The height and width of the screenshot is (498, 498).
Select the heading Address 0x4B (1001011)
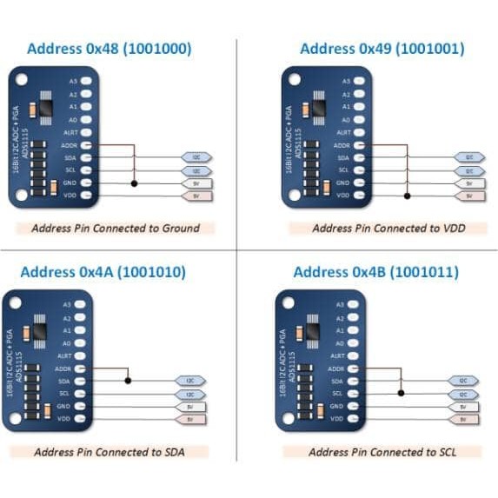click(x=375, y=272)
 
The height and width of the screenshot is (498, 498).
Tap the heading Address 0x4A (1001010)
click(x=103, y=272)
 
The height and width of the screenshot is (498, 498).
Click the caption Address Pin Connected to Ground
click(x=115, y=229)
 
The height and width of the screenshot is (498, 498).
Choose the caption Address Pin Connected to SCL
click(x=383, y=452)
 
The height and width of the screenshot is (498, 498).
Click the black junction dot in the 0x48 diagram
click(x=133, y=183)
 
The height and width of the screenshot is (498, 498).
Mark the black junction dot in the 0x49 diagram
click(x=405, y=196)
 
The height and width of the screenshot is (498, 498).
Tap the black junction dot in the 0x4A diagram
click(x=128, y=381)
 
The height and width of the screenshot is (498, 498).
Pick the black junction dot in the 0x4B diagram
click(x=401, y=393)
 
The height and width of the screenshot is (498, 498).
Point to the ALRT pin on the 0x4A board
click(x=82, y=355)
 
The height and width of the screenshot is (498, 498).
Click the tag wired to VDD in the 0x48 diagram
click(x=196, y=196)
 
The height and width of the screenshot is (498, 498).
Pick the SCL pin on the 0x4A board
click(x=82, y=394)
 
